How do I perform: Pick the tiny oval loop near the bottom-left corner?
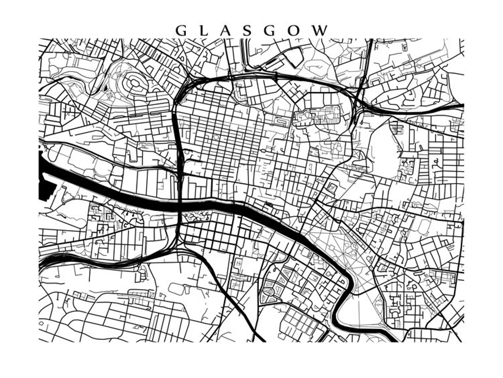(41, 323)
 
